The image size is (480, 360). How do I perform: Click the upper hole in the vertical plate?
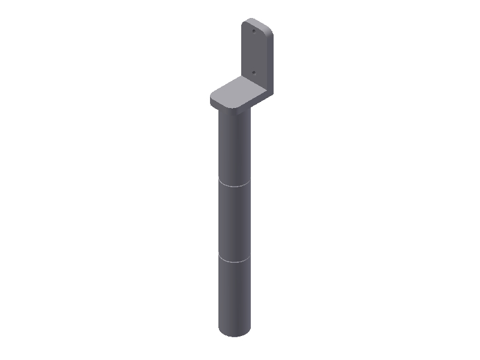254,29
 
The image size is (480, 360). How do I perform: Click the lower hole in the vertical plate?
254,71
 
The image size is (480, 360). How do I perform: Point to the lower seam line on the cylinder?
234,261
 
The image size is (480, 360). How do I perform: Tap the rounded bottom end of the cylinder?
234,333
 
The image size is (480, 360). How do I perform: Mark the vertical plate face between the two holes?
254,51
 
